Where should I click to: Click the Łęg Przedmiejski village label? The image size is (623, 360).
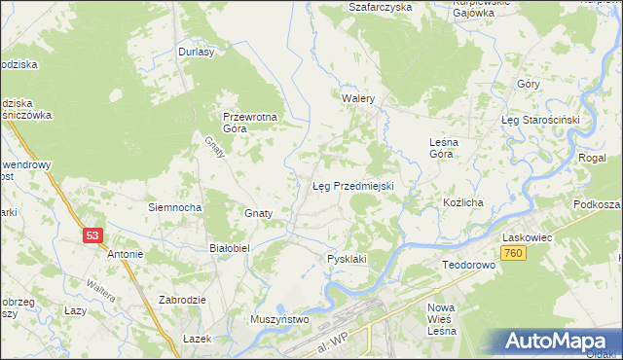click(351, 185)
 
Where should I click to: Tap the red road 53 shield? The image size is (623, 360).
click(92, 235)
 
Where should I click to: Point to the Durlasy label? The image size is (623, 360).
click(196, 53)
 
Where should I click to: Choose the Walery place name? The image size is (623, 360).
click(358, 99)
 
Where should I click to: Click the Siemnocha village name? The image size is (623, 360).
click(174, 207)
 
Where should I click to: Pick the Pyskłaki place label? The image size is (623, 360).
click(347, 259)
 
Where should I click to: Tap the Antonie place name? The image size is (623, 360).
click(126, 254)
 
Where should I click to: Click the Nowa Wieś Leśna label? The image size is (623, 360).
click(442, 320)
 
